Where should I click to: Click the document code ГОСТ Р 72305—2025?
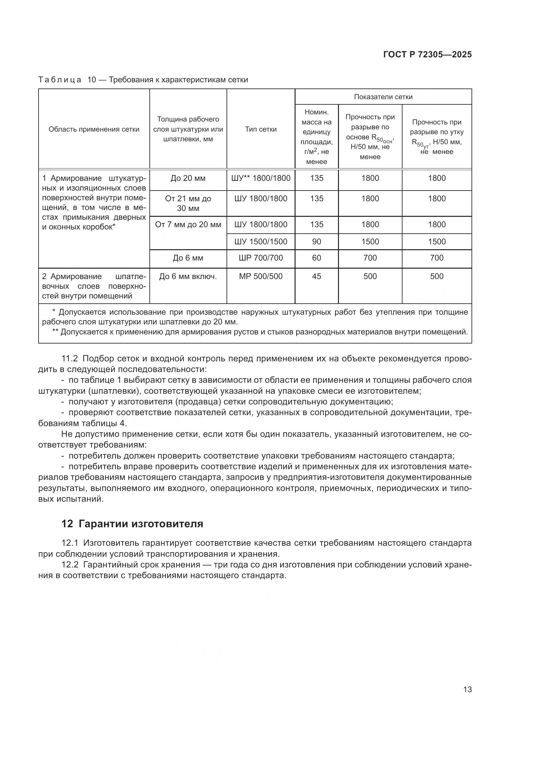point(427,55)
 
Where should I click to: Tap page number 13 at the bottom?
point(467,689)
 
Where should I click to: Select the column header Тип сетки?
point(261,129)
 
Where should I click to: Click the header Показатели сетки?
point(383,97)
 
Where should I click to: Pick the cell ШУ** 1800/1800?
point(261,178)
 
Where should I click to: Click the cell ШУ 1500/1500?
point(261,242)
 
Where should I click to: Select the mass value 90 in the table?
point(316,242)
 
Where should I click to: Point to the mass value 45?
point(316,276)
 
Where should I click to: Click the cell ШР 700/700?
point(261,258)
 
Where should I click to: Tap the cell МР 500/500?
point(261,276)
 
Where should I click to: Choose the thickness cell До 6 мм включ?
point(188,276)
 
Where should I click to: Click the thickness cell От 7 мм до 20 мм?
point(188,225)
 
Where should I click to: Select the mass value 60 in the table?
point(316,258)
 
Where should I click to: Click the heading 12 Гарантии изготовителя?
point(132,524)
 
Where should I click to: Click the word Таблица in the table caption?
point(60,80)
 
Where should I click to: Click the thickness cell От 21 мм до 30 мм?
point(188,204)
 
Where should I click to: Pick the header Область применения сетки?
point(94,129)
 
